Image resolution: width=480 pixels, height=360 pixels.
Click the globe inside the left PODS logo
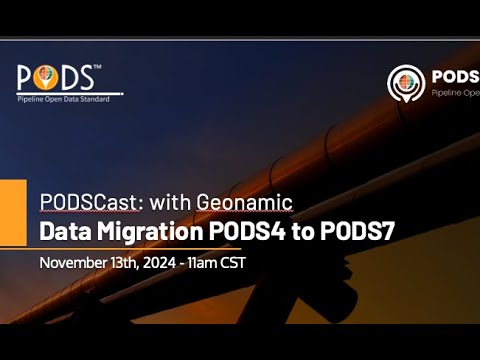coord(42,77)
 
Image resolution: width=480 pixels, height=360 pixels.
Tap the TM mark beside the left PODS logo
coord(96,68)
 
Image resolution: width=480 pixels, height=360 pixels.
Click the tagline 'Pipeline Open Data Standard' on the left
coord(64,98)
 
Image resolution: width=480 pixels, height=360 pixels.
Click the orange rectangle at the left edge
coord(13,212)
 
